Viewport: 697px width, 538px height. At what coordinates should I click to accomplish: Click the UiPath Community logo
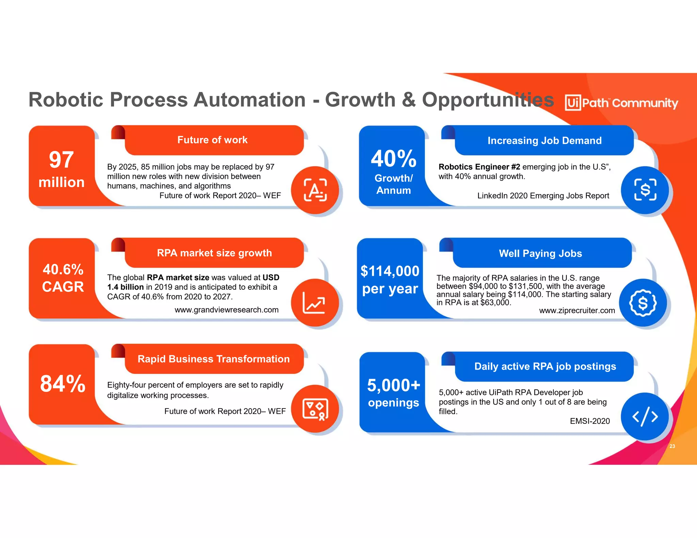(621, 103)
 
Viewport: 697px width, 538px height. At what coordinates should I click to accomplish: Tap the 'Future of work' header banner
(212, 140)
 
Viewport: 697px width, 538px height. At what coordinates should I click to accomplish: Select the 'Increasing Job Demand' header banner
(544, 140)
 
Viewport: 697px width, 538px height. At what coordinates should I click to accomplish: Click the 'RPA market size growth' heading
(214, 253)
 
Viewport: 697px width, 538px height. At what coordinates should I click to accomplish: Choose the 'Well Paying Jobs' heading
(540, 253)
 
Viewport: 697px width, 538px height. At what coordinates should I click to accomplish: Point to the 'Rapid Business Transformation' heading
(213, 359)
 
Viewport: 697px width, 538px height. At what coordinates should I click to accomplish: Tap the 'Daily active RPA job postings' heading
(545, 366)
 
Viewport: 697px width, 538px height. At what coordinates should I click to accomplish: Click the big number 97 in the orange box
(61, 159)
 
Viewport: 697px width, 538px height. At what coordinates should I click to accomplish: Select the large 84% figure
(63, 384)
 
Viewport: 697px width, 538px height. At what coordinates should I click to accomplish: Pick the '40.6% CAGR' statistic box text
(63, 278)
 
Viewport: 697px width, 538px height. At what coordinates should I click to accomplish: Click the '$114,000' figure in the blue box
(390, 271)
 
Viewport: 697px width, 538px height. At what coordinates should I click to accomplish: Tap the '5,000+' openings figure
(394, 385)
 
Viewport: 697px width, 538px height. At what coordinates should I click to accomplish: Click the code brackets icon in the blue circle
(645, 417)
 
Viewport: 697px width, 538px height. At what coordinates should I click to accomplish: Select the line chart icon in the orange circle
(314, 303)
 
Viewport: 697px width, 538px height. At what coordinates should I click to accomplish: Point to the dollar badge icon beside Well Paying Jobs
(643, 303)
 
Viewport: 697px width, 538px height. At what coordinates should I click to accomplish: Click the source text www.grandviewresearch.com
(226, 310)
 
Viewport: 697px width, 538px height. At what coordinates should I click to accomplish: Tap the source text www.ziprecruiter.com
(577, 310)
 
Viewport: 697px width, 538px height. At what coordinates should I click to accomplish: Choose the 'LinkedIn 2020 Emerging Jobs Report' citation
(543, 196)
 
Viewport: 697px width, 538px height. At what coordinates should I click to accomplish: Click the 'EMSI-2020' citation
(590, 421)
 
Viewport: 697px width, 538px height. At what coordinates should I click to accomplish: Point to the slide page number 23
(672, 446)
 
